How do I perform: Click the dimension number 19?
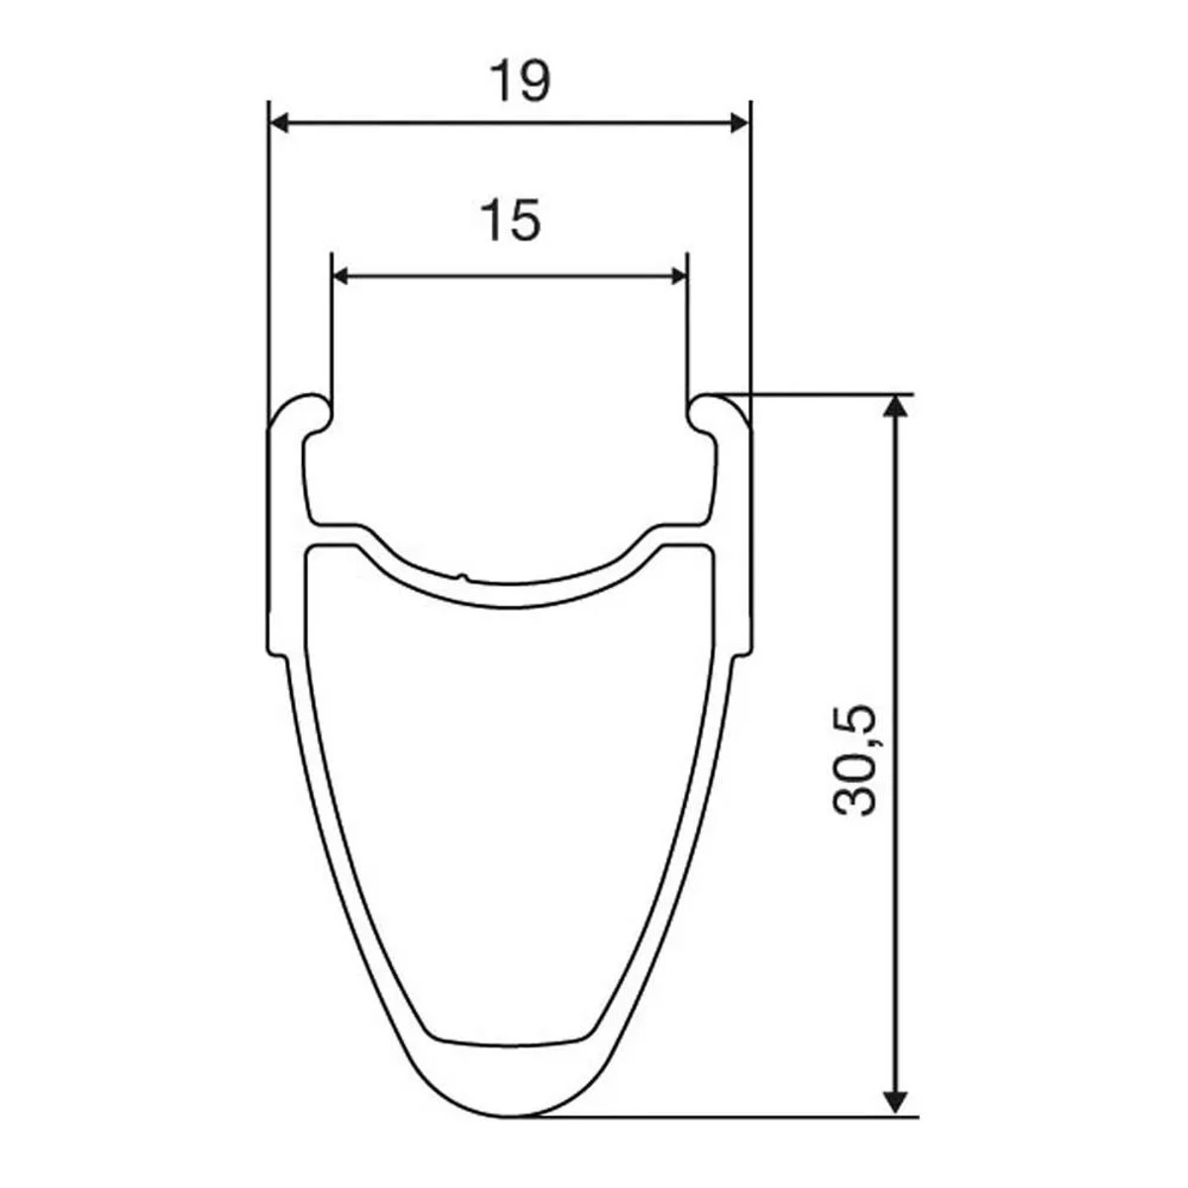point(519,82)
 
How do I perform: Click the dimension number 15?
point(511,220)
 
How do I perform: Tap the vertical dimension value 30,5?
point(855,759)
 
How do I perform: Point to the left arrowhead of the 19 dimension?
point(280,123)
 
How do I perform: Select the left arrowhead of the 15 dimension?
point(341,275)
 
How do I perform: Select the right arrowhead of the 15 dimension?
point(677,275)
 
